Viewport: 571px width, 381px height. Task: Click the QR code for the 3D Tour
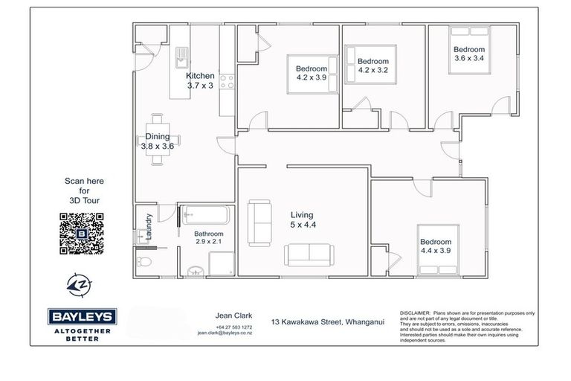[81, 231]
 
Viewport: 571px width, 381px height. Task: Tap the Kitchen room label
[200, 81]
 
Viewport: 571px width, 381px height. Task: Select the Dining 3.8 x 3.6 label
[157, 141]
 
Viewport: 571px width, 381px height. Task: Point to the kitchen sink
[182, 56]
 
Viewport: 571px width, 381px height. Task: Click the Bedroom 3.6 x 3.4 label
[469, 54]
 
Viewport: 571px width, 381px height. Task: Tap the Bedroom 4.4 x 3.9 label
[435, 247]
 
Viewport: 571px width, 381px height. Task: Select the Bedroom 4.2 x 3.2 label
[373, 66]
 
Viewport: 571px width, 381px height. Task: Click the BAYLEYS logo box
[81, 315]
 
